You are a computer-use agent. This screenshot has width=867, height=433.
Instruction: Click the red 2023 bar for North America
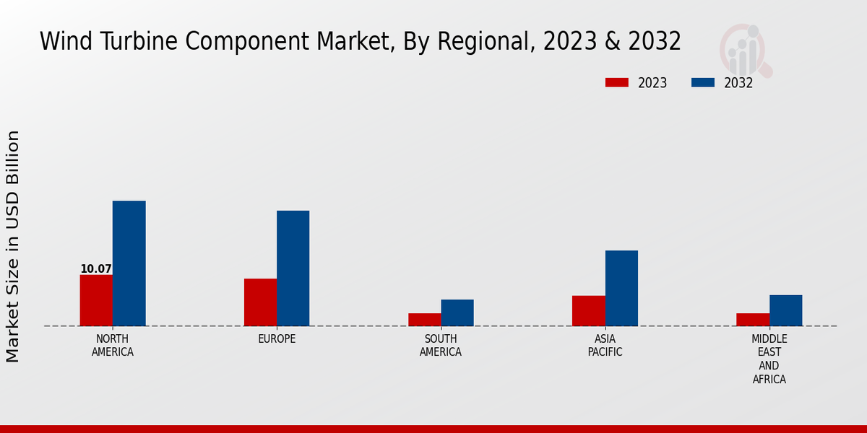[96, 300]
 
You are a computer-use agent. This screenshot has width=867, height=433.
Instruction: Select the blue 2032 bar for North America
[129, 263]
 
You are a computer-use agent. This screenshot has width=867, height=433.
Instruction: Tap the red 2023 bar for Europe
[260, 302]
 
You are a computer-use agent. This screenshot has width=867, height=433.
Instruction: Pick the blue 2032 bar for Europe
[293, 268]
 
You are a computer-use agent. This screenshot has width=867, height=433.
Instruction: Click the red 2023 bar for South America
[424, 320]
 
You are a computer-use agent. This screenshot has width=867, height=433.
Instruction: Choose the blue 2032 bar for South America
[457, 312]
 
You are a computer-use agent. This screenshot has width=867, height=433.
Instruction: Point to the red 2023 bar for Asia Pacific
[588, 311]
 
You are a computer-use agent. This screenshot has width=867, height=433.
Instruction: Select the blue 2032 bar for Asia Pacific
[621, 288]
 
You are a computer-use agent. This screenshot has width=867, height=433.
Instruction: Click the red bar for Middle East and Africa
[753, 320]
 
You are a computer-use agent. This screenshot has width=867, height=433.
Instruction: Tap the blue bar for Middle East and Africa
[785, 310]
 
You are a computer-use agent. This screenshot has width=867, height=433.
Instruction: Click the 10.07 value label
[96, 269]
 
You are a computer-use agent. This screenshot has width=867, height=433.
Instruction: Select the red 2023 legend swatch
[617, 82]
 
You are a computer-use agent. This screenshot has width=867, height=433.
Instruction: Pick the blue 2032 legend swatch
[702, 82]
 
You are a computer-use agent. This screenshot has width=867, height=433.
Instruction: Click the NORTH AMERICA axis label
[113, 346]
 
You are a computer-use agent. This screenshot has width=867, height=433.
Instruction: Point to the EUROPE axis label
[277, 339]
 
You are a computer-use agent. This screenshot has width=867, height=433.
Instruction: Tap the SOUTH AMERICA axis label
[441, 346]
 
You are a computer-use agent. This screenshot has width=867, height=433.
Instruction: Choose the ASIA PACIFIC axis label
[605, 346]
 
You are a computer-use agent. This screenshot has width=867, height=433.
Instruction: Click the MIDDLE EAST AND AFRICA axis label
[769, 359]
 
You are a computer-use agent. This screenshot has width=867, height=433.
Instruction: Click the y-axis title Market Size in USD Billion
[13, 246]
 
